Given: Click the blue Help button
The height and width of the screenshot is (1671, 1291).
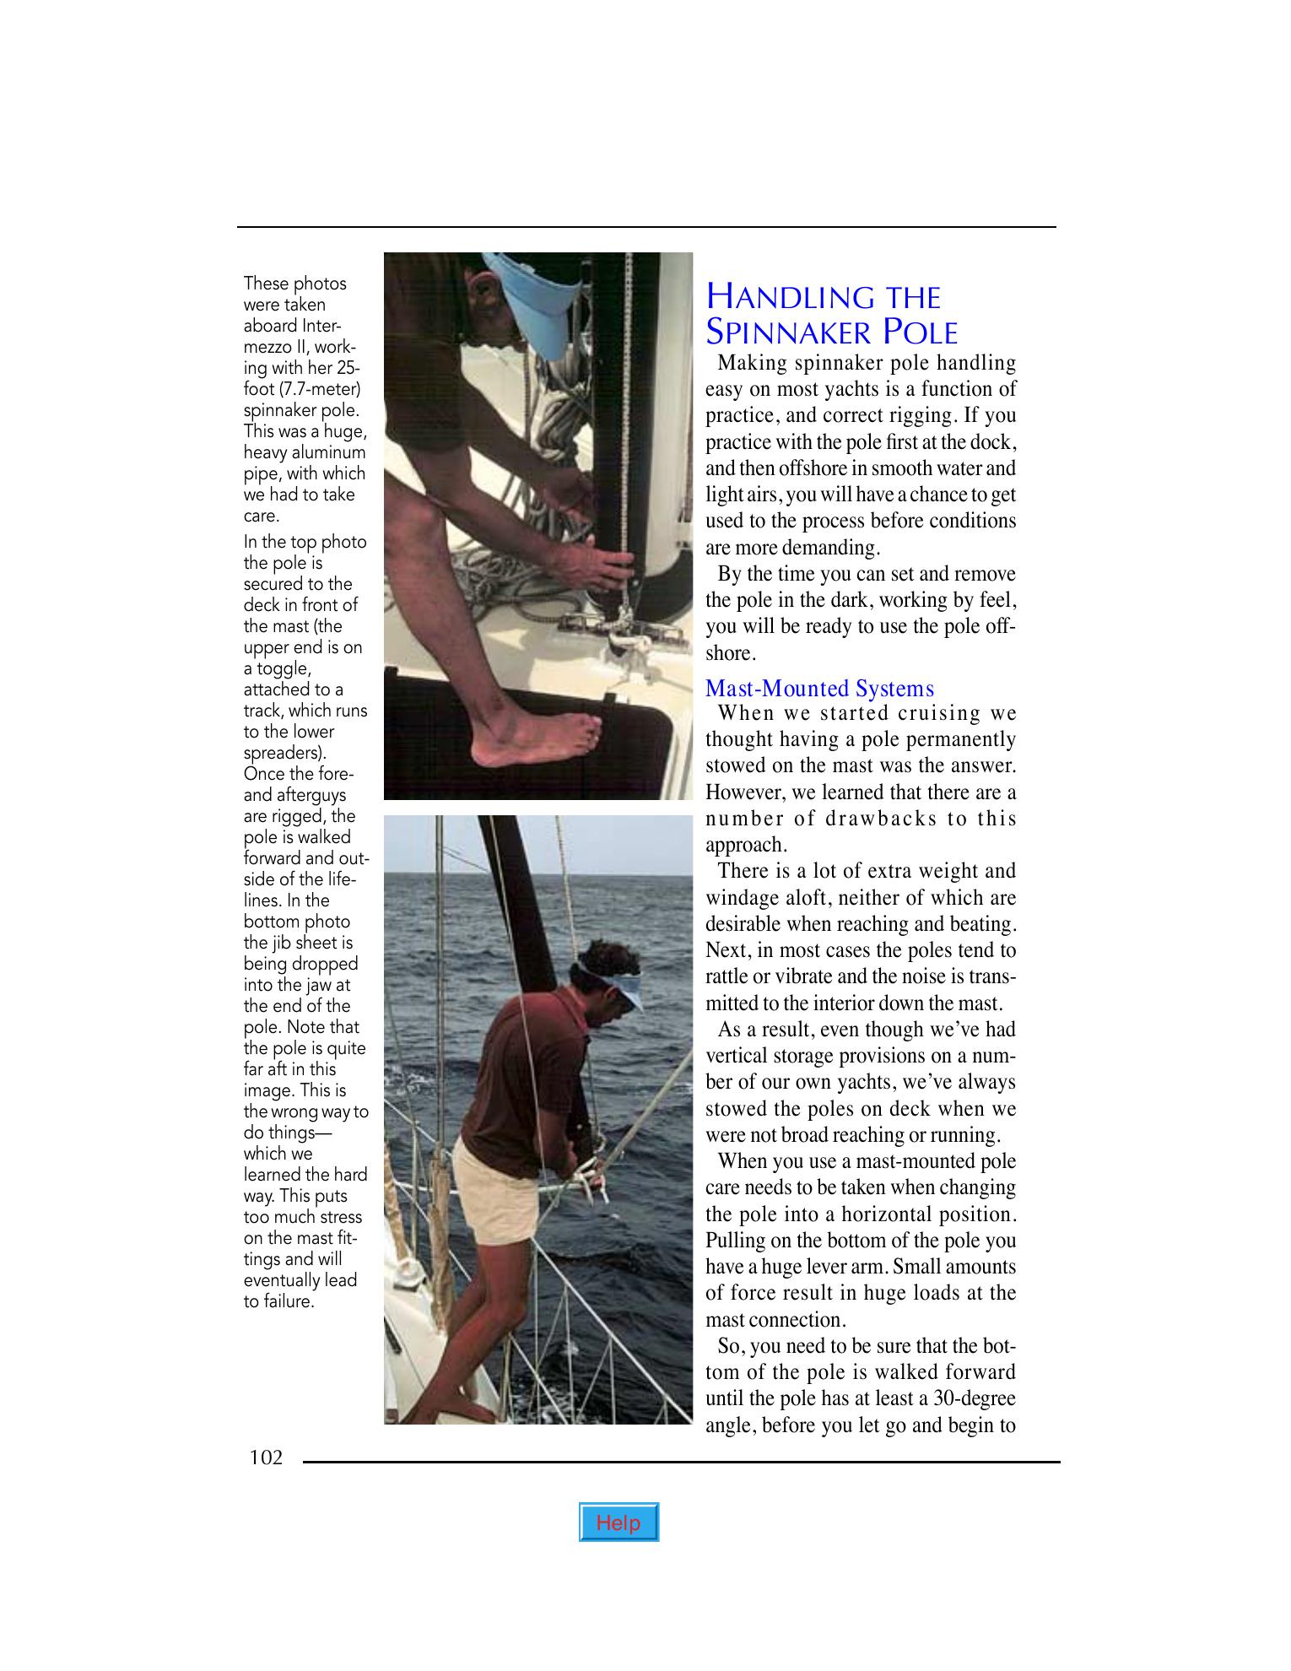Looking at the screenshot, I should pos(618,1522).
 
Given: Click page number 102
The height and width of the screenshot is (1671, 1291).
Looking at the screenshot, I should pos(266,1457).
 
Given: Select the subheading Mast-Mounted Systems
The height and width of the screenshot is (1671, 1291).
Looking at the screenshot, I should pos(819,689).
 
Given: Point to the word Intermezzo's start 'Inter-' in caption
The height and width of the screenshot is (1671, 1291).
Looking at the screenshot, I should pos(321,326).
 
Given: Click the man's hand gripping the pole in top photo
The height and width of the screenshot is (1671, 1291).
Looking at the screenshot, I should pos(591,563).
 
